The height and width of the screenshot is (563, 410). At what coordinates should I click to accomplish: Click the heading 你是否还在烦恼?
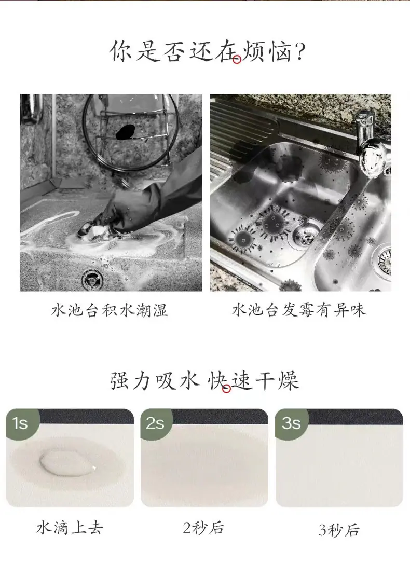click(x=207, y=51)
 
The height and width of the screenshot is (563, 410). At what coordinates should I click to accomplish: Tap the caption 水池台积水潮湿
click(x=110, y=310)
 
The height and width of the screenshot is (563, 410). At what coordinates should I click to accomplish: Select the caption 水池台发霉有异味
click(x=299, y=310)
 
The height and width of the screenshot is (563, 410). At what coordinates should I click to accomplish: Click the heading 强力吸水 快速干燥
click(x=204, y=380)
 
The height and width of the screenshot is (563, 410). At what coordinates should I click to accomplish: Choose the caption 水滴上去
click(x=70, y=527)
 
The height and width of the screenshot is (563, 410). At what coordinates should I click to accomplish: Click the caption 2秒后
click(x=204, y=527)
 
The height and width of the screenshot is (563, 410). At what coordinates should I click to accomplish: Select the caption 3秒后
click(x=339, y=530)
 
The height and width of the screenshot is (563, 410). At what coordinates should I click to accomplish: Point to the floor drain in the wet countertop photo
click(x=93, y=280)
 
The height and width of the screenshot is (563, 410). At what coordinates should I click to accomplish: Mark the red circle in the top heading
click(x=237, y=60)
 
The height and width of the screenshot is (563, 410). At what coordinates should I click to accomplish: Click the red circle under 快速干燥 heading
click(x=226, y=389)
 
